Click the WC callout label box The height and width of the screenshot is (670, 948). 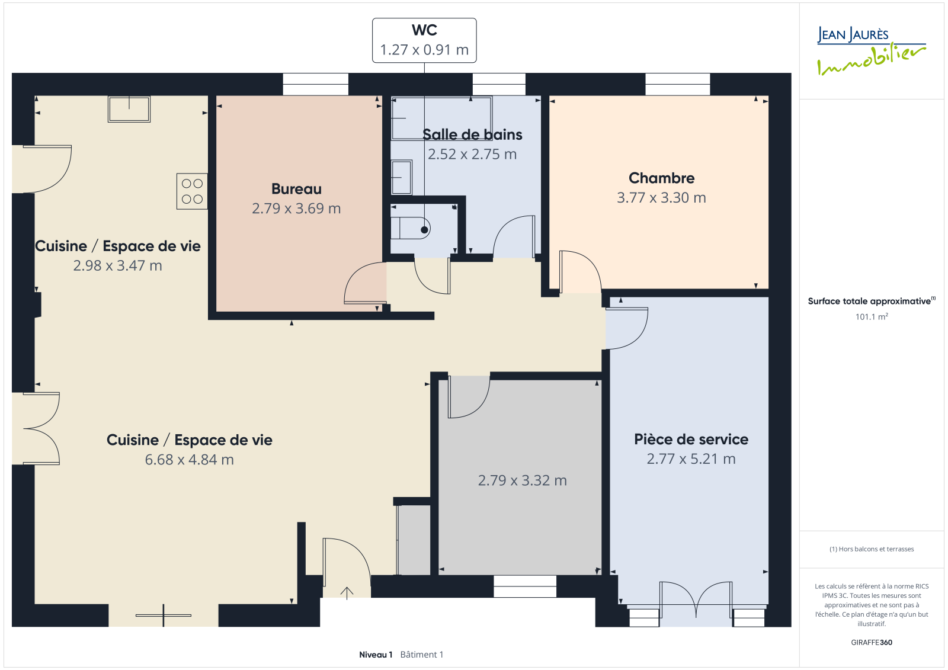(424, 40)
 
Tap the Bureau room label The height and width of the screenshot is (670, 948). (296, 189)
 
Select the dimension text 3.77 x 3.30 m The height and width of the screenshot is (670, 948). (661, 198)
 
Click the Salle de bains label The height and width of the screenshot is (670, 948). (472, 134)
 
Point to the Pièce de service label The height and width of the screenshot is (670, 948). (691, 440)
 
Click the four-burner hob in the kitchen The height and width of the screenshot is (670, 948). (192, 191)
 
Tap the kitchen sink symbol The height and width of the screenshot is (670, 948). (129, 109)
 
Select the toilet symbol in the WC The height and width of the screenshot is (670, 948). (410, 229)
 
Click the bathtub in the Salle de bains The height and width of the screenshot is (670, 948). (441, 118)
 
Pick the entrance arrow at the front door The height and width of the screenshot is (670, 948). (347, 593)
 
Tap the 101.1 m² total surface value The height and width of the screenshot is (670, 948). (872, 316)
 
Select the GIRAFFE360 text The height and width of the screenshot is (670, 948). (872, 642)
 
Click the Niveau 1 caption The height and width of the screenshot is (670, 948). (376, 655)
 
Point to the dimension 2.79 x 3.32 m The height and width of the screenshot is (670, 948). (522, 480)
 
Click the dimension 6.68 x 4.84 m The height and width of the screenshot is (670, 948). (189, 460)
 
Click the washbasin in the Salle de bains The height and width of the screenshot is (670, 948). (401, 177)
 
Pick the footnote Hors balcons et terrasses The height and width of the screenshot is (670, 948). (872, 549)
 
